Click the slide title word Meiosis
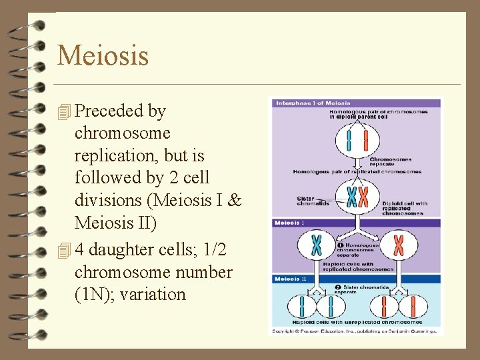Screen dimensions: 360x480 103,55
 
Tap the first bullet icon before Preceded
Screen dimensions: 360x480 64,112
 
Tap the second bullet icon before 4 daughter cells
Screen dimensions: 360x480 64,251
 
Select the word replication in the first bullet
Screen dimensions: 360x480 115,156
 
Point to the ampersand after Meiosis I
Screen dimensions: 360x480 234,201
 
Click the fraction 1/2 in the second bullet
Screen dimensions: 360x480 212,250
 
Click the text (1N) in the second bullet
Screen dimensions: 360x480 93,294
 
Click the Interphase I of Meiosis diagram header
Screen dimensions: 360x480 304,103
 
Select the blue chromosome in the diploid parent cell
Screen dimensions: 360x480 348,141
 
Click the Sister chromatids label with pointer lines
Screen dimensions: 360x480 310,201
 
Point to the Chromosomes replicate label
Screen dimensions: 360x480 391,161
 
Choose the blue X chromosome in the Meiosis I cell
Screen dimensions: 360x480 316,245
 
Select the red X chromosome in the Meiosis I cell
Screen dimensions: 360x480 399,245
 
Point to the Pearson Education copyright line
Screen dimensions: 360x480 354,331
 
